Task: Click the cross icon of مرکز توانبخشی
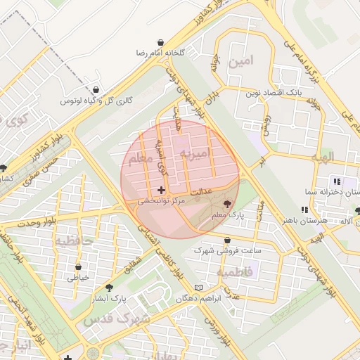(x=162, y=190)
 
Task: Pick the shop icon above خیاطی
(x=78, y=267)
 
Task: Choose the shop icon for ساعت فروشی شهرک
(x=226, y=240)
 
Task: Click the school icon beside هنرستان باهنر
(x=304, y=210)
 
